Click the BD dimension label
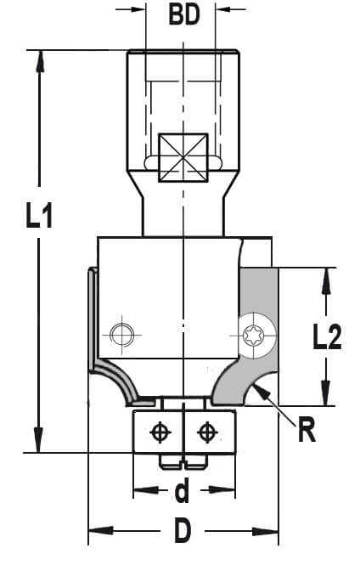tap(184, 15)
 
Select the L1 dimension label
tap(39, 216)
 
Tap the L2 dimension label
tap(327, 337)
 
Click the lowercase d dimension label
tap(182, 491)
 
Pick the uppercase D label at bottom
tap(183, 530)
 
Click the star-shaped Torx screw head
tap(253, 335)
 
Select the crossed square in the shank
tap(183, 157)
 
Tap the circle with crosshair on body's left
tap(121, 335)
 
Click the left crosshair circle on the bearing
tap(160, 432)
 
